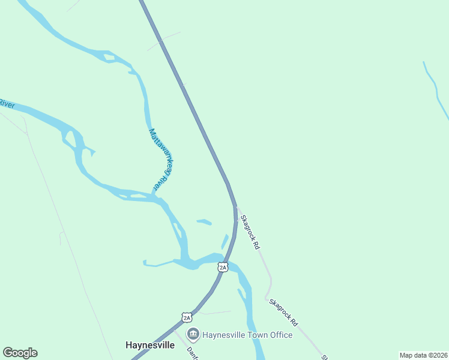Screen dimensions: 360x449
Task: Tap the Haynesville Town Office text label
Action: pyautogui.click(x=247, y=334)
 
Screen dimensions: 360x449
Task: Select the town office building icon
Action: pyautogui.click(x=193, y=334)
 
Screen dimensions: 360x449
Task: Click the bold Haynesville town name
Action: pyautogui.click(x=149, y=345)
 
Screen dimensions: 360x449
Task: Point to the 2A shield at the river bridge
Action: pyautogui.click(x=223, y=267)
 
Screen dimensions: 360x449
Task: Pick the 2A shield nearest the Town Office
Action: pyautogui.click(x=187, y=317)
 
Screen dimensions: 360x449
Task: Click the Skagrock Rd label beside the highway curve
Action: pyautogui.click(x=250, y=232)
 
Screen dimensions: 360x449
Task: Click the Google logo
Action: pyautogui.click(x=20, y=353)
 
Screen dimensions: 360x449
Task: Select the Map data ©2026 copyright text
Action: pyautogui.click(x=423, y=355)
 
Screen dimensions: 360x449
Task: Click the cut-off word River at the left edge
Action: pyautogui.click(x=7, y=104)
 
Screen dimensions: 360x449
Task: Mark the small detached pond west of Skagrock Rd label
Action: pyautogui.click(x=204, y=222)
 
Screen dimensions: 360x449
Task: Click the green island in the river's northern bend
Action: pyautogui.click(x=109, y=58)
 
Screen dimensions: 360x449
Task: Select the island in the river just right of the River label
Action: pyautogui.click(x=71, y=140)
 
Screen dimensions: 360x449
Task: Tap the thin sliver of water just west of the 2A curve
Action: pyautogui.click(x=225, y=241)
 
